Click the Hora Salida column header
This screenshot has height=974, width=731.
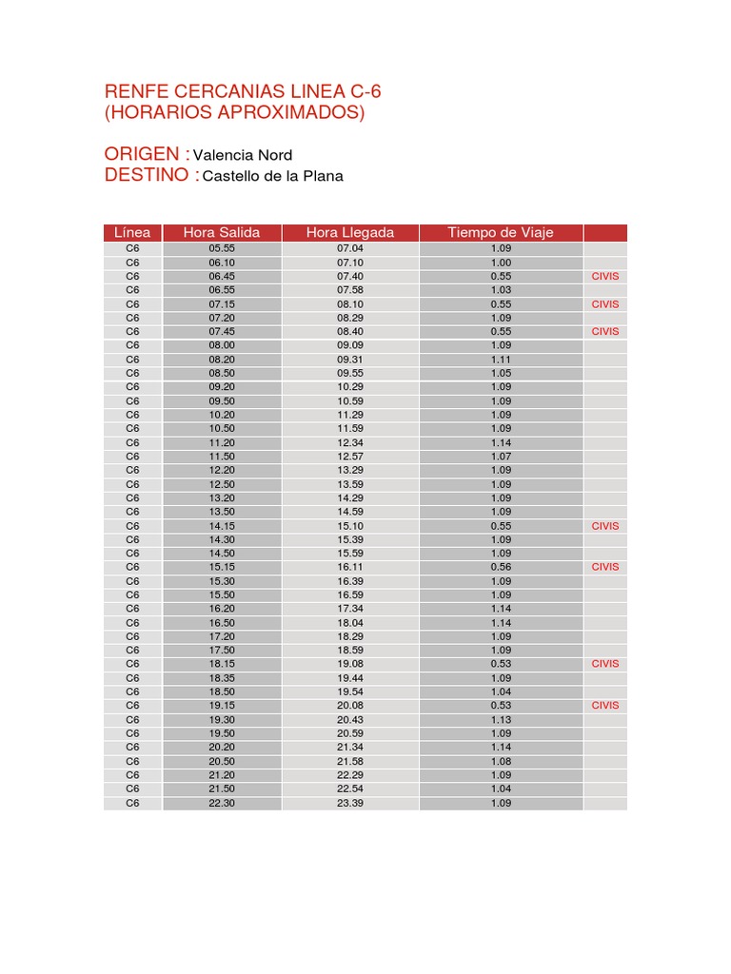(x=222, y=233)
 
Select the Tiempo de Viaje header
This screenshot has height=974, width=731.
(x=501, y=233)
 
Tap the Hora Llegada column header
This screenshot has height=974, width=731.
(x=350, y=233)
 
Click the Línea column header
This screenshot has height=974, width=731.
(x=132, y=233)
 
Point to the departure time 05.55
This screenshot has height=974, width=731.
(x=222, y=248)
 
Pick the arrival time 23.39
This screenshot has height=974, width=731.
(x=350, y=803)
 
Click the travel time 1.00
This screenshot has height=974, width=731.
(x=501, y=263)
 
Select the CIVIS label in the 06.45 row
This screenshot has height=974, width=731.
(x=605, y=276)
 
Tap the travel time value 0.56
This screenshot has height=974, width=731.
(x=501, y=567)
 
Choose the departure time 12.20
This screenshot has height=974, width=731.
(x=222, y=470)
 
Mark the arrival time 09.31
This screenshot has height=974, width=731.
(x=350, y=360)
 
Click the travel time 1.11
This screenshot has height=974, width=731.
(x=501, y=360)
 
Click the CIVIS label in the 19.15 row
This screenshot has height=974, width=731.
(x=605, y=706)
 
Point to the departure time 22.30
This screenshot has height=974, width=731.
(x=222, y=803)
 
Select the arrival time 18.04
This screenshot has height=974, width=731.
(x=350, y=623)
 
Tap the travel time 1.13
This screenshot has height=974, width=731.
(x=501, y=720)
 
